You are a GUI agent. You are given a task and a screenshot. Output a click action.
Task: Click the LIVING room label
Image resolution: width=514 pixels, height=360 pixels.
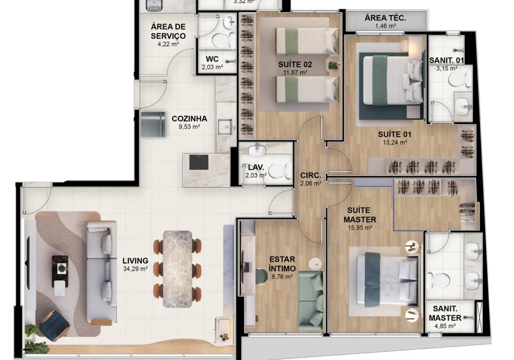tap(136, 260)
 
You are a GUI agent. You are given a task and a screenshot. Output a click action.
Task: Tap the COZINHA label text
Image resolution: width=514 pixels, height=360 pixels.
tap(186, 118)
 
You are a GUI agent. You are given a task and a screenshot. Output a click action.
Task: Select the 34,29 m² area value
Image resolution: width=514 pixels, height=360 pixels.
tap(136, 268)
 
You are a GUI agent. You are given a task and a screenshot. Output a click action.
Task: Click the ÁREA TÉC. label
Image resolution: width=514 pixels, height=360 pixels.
tap(385, 18)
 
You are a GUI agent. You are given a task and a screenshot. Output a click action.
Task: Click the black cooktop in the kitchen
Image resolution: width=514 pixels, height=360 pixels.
tap(199, 161)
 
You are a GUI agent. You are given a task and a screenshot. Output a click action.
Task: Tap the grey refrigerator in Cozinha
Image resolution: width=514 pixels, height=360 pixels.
tap(153, 124)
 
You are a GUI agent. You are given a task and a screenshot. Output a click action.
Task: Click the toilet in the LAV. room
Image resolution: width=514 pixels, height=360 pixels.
tap(277, 170)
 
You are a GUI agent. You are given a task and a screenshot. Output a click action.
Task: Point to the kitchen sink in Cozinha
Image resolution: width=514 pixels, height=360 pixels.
tap(225, 125)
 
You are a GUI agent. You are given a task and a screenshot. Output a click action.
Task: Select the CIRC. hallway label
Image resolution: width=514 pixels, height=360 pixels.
tap(310, 175)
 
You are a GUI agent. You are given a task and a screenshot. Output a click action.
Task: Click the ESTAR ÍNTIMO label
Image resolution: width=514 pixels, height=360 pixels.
tap(282, 263)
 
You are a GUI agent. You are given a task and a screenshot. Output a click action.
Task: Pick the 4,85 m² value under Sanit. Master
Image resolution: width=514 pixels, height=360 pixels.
tap(446, 326)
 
